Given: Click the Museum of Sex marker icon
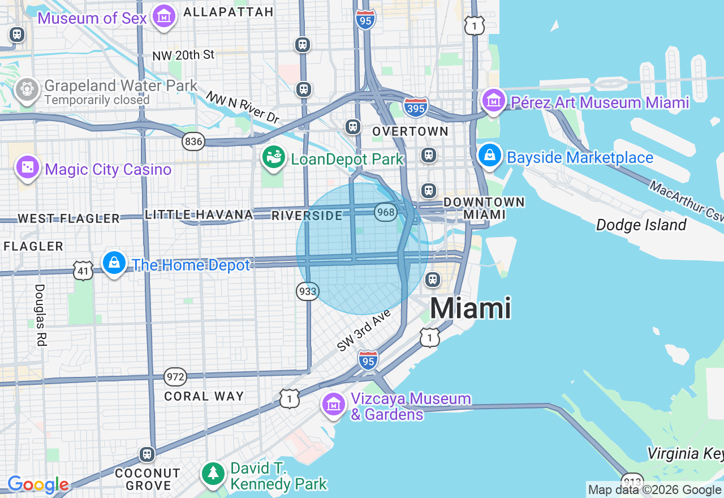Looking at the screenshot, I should [x=164, y=16].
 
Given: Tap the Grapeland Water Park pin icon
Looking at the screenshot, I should [x=27, y=89].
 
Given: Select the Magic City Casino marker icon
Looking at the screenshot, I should [x=27, y=168].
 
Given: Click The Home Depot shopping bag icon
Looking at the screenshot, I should [x=114, y=263].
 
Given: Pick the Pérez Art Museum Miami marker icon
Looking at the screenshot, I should [x=493, y=101].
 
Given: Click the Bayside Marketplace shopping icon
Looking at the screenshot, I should [x=490, y=156].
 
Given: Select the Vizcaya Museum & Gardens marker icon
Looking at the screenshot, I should [x=334, y=405].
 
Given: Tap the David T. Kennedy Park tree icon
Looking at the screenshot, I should [x=214, y=473].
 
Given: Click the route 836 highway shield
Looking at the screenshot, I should [x=193, y=141].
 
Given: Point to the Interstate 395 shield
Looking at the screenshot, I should [x=416, y=107].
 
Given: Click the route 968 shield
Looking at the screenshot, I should [x=385, y=212].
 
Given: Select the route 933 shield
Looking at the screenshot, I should [x=307, y=291].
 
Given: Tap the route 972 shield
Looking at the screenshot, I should [x=175, y=376].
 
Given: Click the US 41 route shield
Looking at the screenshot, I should [x=83, y=271].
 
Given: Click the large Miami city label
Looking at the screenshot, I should [x=471, y=309].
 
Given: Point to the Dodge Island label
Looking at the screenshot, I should [x=641, y=225].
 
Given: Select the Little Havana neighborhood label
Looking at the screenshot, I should [x=199, y=214].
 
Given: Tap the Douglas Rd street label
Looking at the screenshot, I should [x=40, y=315].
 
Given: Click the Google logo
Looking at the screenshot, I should [x=38, y=485].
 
